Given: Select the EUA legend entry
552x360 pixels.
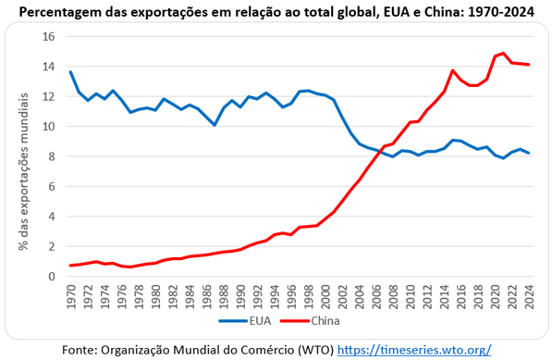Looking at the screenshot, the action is [245, 321].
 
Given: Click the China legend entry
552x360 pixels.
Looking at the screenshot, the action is [310, 321].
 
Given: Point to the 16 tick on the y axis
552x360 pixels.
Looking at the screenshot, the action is [49, 36].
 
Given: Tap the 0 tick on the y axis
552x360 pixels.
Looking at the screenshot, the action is [52, 276].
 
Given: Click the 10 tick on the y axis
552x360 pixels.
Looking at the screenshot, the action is [49, 126].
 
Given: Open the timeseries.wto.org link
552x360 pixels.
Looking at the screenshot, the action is [414, 350].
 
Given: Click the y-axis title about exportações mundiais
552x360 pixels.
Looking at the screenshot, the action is [24, 171].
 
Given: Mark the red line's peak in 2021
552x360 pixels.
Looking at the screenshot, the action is [503, 53].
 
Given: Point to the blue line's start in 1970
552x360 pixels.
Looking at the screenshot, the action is [71, 72].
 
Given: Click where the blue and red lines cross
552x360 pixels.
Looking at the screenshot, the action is [379, 152].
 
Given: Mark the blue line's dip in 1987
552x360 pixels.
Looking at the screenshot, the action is [215, 125].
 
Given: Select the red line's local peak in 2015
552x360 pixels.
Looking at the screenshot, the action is [453, 70].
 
